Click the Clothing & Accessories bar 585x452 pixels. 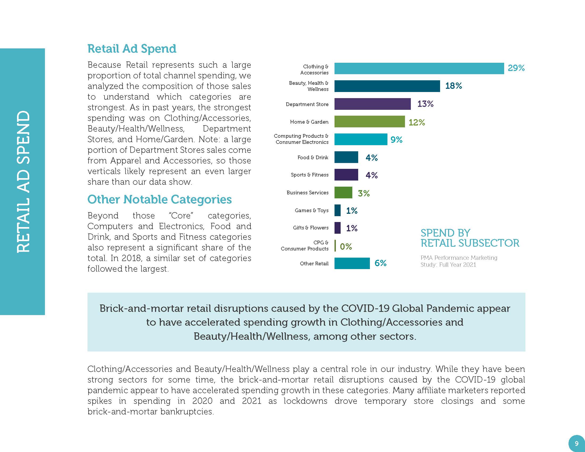click(x=419, y=68)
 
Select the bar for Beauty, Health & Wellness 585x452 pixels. click(x=387, y=86)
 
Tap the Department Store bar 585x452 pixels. click(x=372, y=104)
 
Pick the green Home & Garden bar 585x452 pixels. click(x=369, y=122)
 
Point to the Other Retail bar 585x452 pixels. click(x=352, y=263)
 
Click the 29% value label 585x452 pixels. click(x=516, y=68)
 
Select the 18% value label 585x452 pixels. click(x=453, y=86)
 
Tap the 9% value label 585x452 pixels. click(x=396, y=140)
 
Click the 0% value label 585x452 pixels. click(x=345, y=246)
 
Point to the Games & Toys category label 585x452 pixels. click(x=312, y=211)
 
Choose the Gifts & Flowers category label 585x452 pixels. click(x=310, y=228)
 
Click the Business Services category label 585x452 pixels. click(x=307, y=192)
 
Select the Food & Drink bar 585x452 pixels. click(x=346, y=157)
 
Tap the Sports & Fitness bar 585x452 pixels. click(x=346, y=175)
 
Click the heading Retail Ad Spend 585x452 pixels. click(x=132, y=49)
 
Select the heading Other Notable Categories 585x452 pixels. click(x=159, y=199)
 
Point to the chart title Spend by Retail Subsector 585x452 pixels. click(x=470, y=238)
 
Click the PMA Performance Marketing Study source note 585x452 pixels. click(x=459, y=261)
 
